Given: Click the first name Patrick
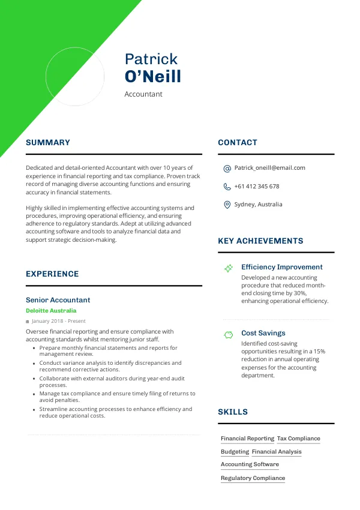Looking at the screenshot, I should [151, 59].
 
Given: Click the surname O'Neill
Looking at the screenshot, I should [152, 77].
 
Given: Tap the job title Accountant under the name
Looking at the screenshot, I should [143, 94].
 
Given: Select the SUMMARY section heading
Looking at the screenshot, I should [48, 143].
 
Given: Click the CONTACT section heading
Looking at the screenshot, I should [238, 143].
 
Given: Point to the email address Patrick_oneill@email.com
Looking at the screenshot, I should [269, 168].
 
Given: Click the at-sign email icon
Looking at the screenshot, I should [227, 169].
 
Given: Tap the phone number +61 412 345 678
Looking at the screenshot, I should [257, 187].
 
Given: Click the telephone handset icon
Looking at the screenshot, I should [227, 187].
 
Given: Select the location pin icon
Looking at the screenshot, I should [227, 205].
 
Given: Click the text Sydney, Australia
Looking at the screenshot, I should [258, 205].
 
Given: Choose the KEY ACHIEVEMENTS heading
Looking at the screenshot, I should [260, 241].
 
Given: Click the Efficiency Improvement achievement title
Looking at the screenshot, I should [281, 267].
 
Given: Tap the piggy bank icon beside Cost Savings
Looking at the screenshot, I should [228, 334].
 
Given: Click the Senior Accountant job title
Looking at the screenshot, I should [58, 300].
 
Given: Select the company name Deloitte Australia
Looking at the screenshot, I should [51, 311].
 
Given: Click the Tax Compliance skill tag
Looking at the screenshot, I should [299, 439].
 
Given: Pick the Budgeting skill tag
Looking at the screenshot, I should [235, 452].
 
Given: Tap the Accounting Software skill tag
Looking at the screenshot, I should [250, 464].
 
